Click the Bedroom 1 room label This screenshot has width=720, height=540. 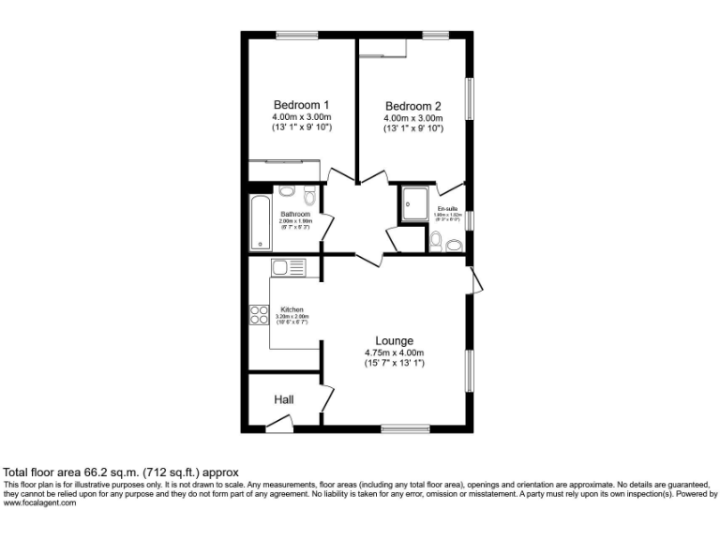coord(301,104)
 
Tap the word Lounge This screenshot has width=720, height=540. coord(395,340)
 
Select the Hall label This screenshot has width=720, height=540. coord(284,399)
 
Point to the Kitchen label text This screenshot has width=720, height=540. coord(292,310)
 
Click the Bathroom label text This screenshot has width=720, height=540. coord(295,214)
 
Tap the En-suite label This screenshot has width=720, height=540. coord(446,209)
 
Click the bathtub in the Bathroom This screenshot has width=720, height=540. coord(258,223)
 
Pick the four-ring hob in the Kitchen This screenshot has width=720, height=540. coord(258,316)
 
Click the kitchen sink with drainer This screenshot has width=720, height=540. coord(289,267)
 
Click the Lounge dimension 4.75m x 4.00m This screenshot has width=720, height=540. coord(395,352)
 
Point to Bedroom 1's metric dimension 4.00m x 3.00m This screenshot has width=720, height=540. coord(301,116)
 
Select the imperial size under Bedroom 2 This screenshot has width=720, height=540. coord(412,127)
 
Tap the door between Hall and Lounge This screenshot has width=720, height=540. coord(326,397)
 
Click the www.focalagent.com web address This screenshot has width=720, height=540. coord(40,503)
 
